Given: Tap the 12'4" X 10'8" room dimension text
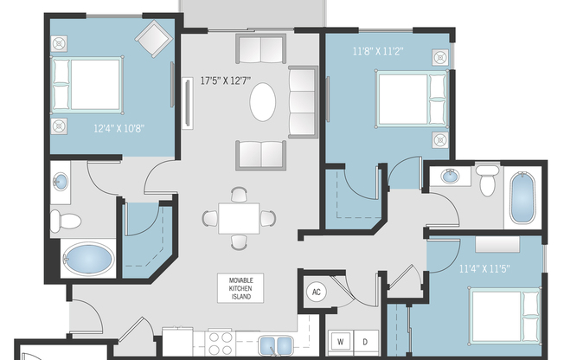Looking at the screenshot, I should tap(119, 128).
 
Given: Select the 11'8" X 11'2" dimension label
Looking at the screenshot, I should tap(379, 51).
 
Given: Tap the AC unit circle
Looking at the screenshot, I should tap(316, 292).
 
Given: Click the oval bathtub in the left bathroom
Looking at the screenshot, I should tap(87, 259).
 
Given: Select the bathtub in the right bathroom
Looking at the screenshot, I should tap(522, 200).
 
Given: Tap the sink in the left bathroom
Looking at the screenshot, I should tap(61, 183).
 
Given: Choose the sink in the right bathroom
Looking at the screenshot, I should tap(451, 177).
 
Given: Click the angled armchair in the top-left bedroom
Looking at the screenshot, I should tap(157, 38).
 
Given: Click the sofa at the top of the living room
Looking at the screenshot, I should tap(260, 49).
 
